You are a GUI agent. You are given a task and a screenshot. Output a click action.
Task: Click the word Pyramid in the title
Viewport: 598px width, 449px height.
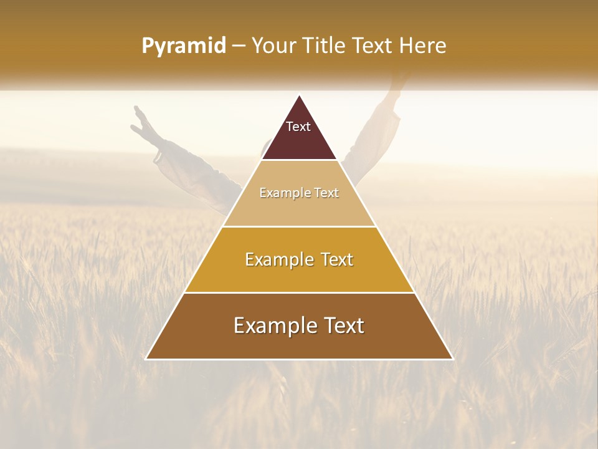[184, 46]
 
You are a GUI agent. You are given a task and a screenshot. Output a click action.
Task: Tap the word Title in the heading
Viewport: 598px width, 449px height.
[326, 46]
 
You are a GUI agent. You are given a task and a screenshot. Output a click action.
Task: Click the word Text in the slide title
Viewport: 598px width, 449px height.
[373, 46]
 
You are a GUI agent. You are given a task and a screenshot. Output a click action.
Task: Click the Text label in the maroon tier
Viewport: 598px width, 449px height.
[298, 127]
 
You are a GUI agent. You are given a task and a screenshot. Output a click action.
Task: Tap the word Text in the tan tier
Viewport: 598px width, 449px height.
[326, 193]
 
